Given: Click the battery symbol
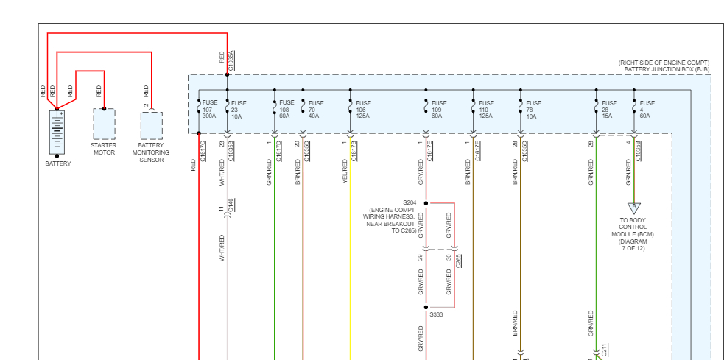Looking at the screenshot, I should pos(57,131).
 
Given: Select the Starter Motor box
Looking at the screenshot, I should pos(104,125).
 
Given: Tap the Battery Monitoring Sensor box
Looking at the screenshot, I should pos(151,126).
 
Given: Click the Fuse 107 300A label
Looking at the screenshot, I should pos(210,110).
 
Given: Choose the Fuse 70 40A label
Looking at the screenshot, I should pos(315,110).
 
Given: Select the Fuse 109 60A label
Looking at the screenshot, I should pos(438,110).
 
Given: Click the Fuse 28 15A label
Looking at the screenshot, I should pos(609,110).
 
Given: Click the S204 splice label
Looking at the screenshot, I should pos(410,202).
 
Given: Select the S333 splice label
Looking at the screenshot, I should pos(437,314).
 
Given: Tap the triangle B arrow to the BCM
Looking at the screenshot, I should pos(633,208).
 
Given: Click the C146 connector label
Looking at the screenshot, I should pos(231,205).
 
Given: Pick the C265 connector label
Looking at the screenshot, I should pos(459,261).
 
